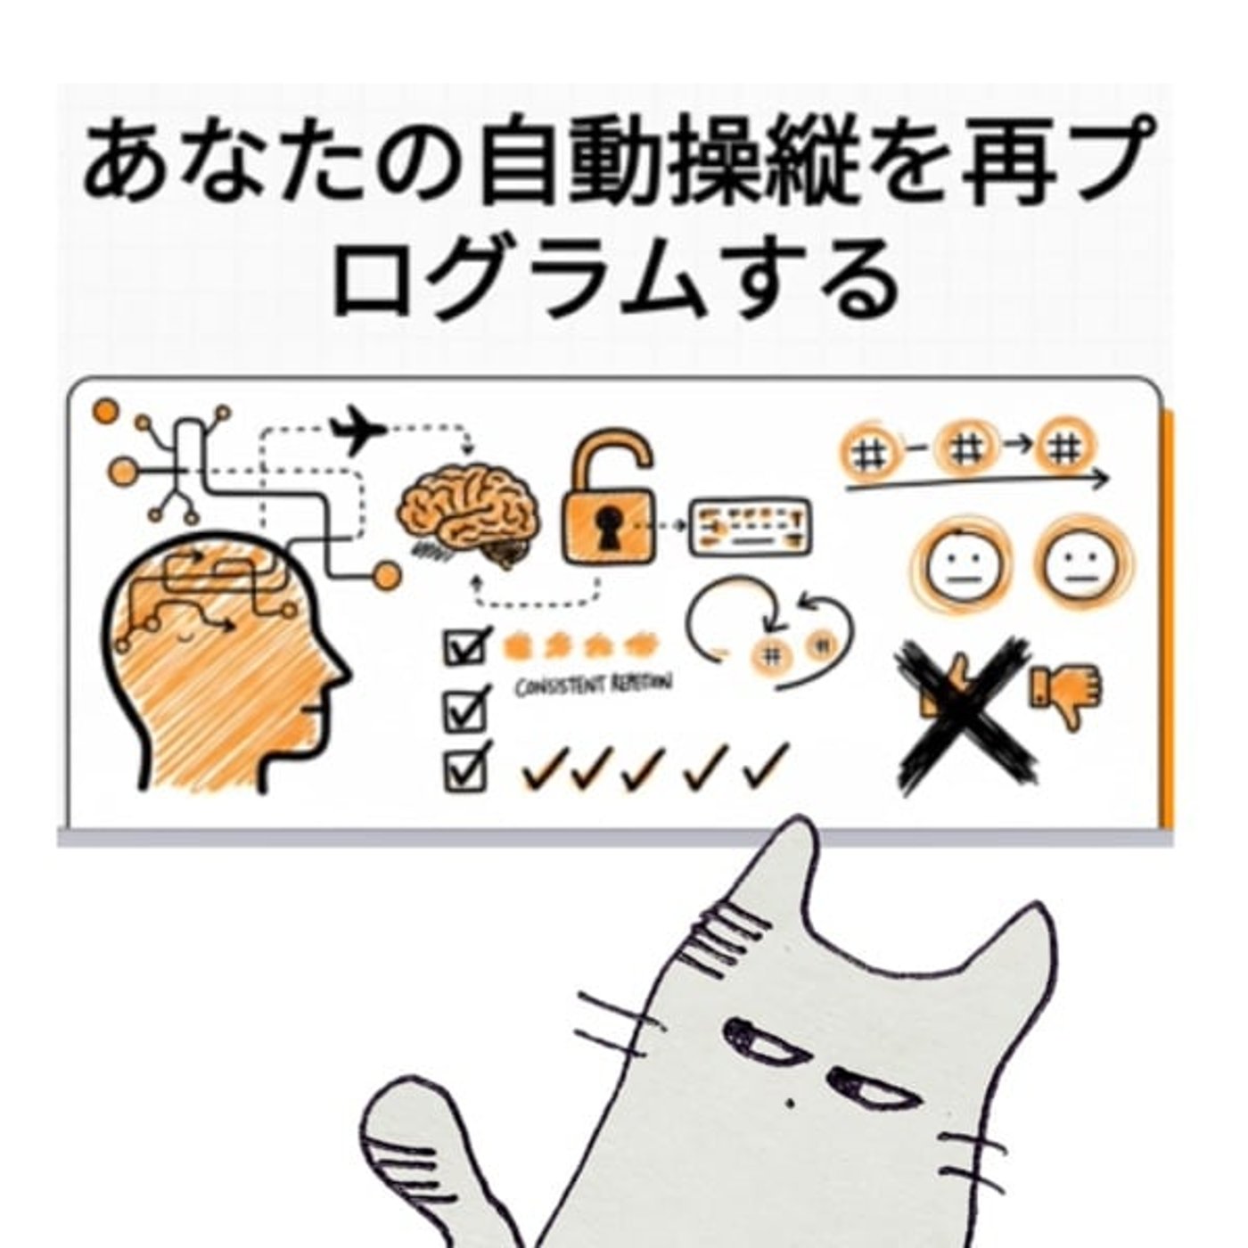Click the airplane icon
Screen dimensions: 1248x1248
357,431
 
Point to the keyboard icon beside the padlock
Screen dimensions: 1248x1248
751,526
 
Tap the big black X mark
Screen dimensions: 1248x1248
967,713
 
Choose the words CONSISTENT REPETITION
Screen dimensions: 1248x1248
593,685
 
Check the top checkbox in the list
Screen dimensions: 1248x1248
465,645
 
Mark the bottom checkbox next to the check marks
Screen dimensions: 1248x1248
465,768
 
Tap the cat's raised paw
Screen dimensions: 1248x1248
406,1132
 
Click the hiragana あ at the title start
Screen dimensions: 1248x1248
120,166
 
